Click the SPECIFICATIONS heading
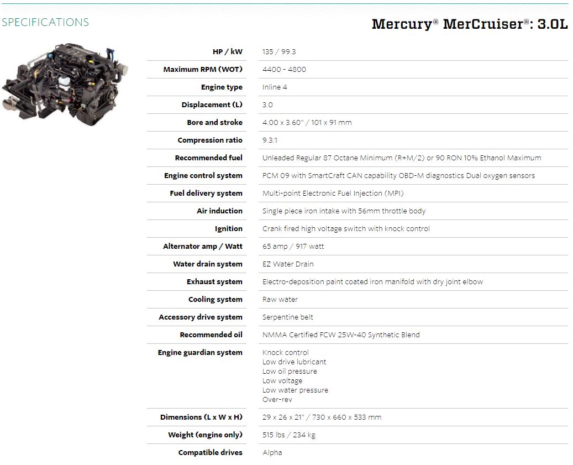pyautogui.click(x=45, y=22)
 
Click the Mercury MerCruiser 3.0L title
pyautogui.click(x=470, y=24)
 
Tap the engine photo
pyautogui.click(x=65, y=85)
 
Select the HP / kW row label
pyautogui.click(x=227, y=51)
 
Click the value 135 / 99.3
pyautogui.click(x=279, y=51)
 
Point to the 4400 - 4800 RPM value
pyautogui.click(x=285, y=70)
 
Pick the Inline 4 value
pyautogui.click(x=275, y=87)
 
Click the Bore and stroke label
pyautogui.click(x=214, y=122)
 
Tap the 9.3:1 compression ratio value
pyautogui.click(x=270, y=140)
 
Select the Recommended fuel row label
pyautogui.click(x=209, y=158)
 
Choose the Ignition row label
pyautogui.click(x=228, y=229)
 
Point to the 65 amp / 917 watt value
pyautogui.click(x=293, y=247)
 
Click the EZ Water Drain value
pyautogui.click(x=288, y=264)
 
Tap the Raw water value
pyautogui.click(x=280, y=299)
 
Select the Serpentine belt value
pyautogui.click(x=287, y=317)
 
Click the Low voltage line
pyautogui.click(x=282, y=381)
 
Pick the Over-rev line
pyautogui.click(x=277, y=400)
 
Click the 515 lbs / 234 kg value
pyautogui.click(x=288, y=435)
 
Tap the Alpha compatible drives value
pyautogui.click(x=272, y=453)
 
